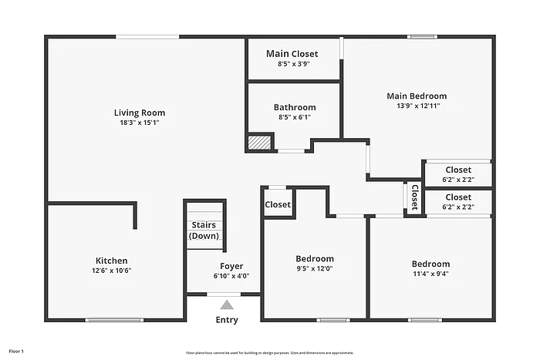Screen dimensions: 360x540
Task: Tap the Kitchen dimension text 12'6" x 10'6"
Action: click(112, 271)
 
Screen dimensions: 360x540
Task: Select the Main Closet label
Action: click(292, 53)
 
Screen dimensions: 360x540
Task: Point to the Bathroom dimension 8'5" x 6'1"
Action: click(294, 118)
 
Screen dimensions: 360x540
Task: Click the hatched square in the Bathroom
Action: click(260, 143)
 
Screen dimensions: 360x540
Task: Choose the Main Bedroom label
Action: click(417, 96)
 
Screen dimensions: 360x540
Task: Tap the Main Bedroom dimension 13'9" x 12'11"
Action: click(417, 106)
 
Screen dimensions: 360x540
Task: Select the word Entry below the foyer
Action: click(227, 320)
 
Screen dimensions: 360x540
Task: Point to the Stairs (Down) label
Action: click(204, 230)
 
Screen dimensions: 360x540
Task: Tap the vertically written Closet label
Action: click(414, 197)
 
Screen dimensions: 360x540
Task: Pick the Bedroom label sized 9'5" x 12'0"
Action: click(315, 258)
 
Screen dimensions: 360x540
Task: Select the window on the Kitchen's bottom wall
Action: click(113, 320)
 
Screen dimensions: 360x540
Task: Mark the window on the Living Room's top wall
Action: click(147, 36)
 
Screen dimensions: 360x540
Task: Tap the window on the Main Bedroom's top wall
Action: click(423, 36)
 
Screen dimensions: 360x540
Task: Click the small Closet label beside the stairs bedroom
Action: click(278, 204)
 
